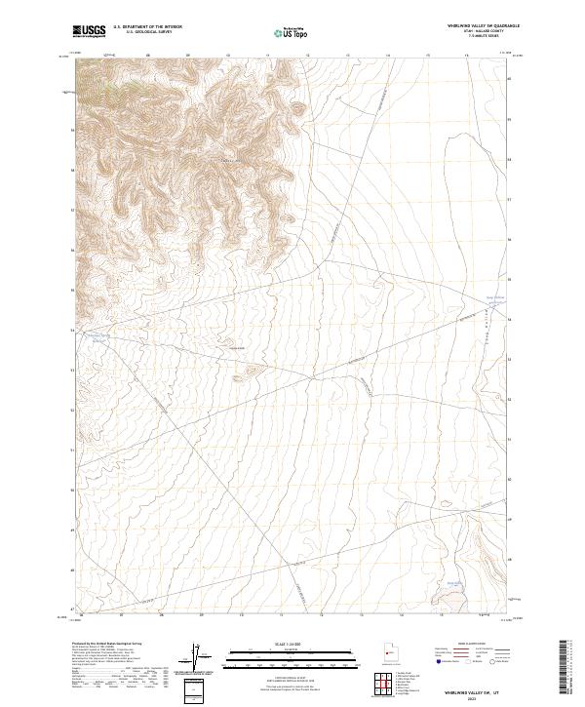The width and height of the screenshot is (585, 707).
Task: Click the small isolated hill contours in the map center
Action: coord(246,370)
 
